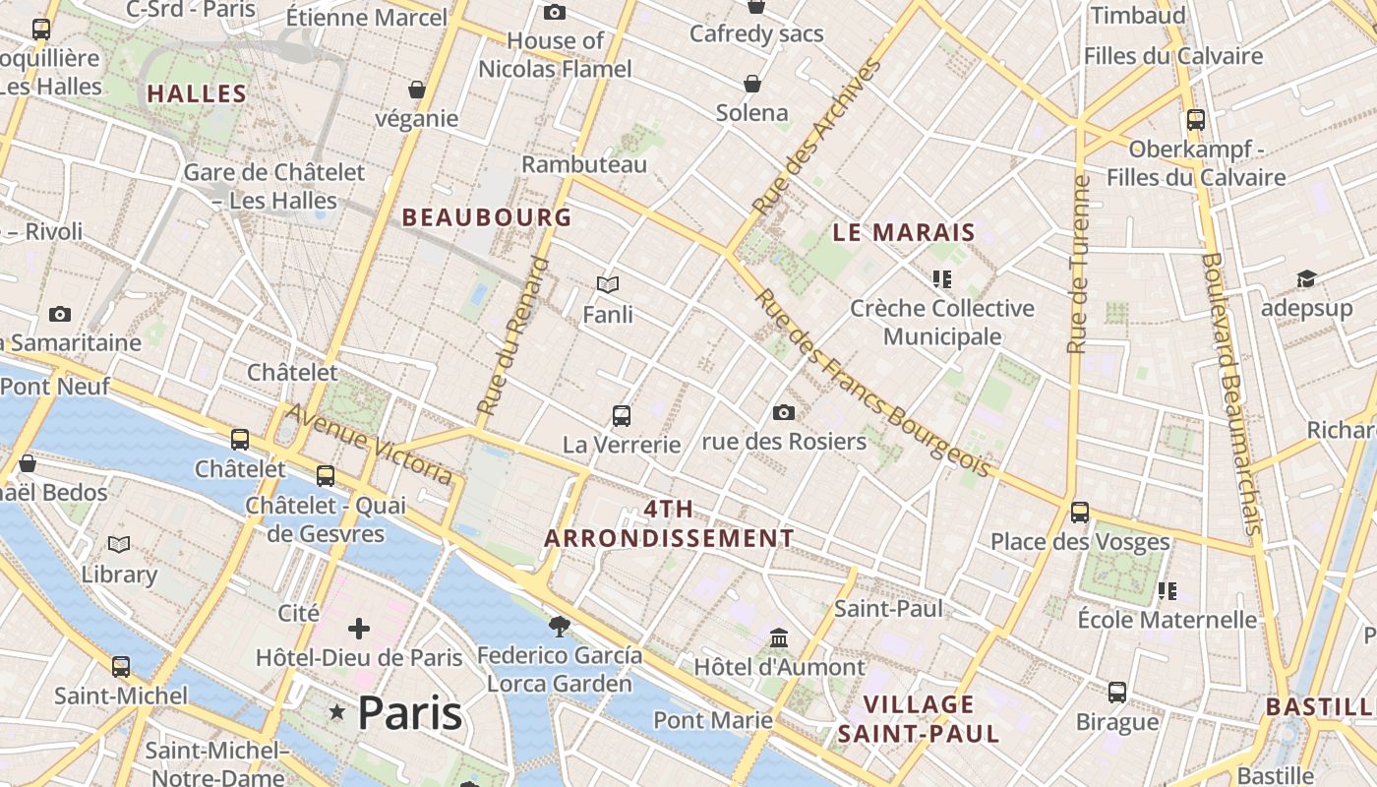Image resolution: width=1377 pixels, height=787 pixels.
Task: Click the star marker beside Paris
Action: coord(337,711)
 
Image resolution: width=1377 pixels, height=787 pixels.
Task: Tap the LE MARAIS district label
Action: coord(903,233)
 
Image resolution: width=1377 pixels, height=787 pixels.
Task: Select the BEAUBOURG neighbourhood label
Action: coord(487,217)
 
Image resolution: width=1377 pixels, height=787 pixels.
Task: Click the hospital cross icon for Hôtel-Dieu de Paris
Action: coord(359,628)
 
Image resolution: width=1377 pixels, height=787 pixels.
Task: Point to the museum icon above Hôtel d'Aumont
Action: coord(780,638)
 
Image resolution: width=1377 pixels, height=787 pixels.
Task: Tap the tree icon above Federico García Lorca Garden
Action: coord(560,626)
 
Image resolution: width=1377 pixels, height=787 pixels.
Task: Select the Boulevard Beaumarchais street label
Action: coord(1230,393)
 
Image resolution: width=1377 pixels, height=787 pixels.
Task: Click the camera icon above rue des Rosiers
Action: coord(784,412)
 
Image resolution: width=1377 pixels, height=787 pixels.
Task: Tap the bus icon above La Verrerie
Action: coord(622,415)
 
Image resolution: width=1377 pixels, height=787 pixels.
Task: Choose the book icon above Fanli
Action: coord(608,285)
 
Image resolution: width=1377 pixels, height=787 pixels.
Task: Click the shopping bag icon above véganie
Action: coord(417,90)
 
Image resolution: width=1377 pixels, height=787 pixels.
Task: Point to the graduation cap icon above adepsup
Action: coord(1306,279)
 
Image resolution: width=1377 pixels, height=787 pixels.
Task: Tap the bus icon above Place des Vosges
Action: coord(1080,512)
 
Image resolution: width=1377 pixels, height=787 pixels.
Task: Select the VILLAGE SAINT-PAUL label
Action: coord(919,719)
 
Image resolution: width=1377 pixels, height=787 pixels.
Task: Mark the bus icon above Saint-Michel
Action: coord(121,666)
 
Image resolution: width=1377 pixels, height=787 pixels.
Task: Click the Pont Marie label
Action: coord(713,720)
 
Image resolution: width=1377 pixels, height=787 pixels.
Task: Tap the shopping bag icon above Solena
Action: coord(752,84)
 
